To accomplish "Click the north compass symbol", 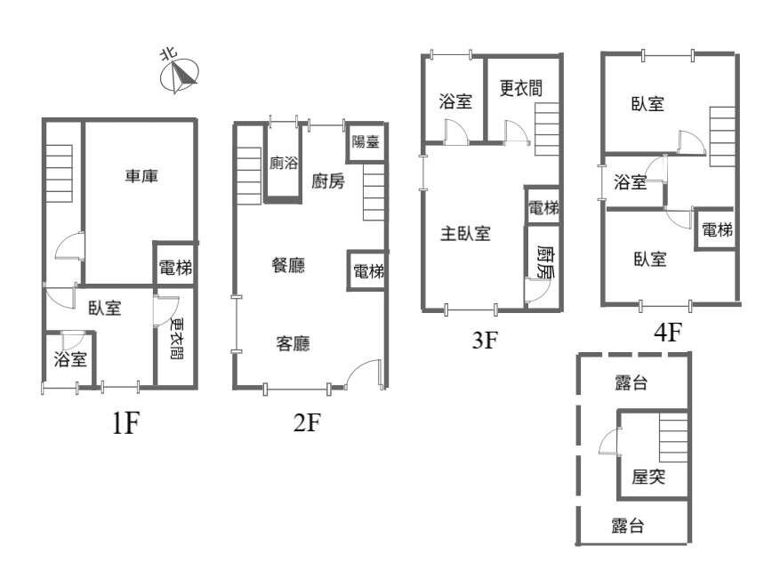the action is pyautogui.click(x=179, y=76).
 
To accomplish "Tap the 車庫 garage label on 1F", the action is pyautogui.click(x=141, y=176).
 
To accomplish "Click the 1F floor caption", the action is pyautogui.click(x=125, y=424).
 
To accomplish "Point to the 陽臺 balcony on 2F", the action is pyautogui.click(x=366, y=142).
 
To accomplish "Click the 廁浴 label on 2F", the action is pyautogui.click(x=284, y=163).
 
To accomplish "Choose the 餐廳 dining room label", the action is pyautogui.click(x=288, y=265).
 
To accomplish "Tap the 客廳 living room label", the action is pyautogui.click(x=293, y=343).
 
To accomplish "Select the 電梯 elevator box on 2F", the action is pyautogui.click(x=367, y=270).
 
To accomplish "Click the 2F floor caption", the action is pyautogui.click(x=307, y=422).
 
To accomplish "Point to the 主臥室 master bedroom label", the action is pyautogui.click(x=466, y=233).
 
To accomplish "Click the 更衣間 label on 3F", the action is pyautogui.click(x=521, y=89).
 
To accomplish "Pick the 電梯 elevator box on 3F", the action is pyautogui.click(x=543, y=206).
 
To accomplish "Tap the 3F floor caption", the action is pyautogui.click(x=485, y=341).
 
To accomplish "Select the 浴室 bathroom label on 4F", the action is pyautogui.click(x=631, y=182).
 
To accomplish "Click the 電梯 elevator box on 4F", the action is pyautogui.click(x=716, y=229).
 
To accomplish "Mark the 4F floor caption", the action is pyautogui.click(x=668, y=332).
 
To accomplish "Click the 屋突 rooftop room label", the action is pyautogui.click(x=648, y=477).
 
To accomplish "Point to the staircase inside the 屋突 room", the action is pyautogui.click(x=673, y=438).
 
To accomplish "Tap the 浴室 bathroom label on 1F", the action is pyautogui.click(x=70, y=358).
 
